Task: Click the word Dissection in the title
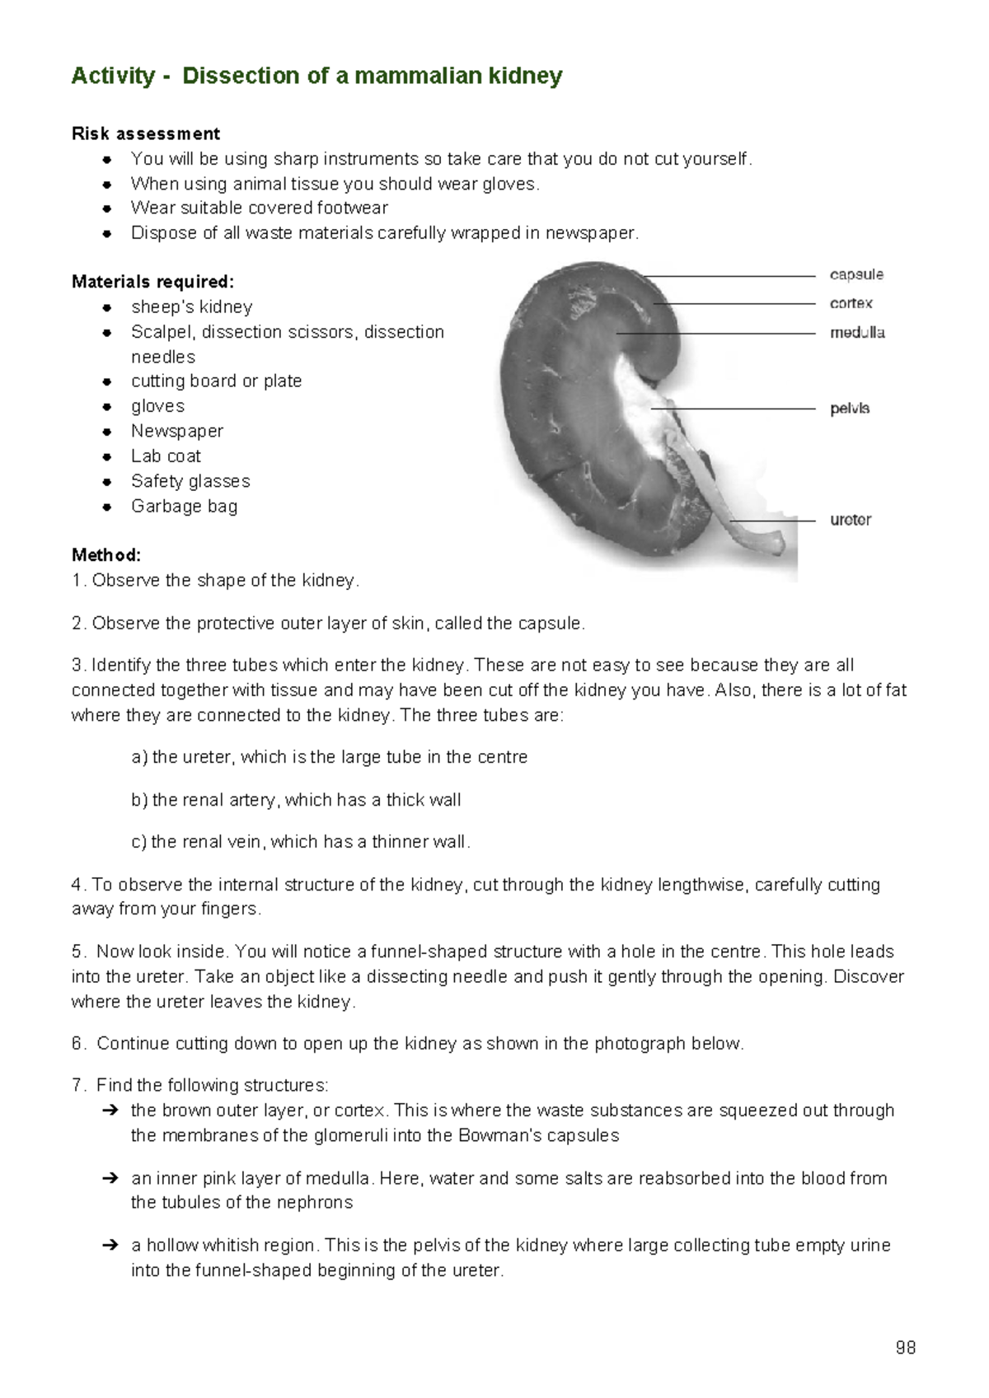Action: (x=241, y=76)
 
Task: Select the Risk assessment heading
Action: (x=145, y=133)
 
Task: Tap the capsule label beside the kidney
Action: (x=856, y=274)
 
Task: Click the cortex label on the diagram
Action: (x=851, y=303)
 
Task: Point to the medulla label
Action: (x=857, y=333)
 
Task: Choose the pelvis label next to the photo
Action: (x=850, y=409)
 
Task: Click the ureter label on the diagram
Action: (x=851, y=520)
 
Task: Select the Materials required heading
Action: (x=152, y=282)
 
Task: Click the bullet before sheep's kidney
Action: (x=107, y=307)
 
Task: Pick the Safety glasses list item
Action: (x=190, y=481)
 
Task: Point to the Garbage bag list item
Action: (x=184, y=506)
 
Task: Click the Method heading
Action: (x=106, y=555)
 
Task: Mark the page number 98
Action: (x=905, y=1348)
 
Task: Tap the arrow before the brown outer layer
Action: (x=110, y=1110)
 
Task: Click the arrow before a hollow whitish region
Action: (x=110, y=1246)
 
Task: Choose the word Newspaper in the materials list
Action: (x=177, y=431)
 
